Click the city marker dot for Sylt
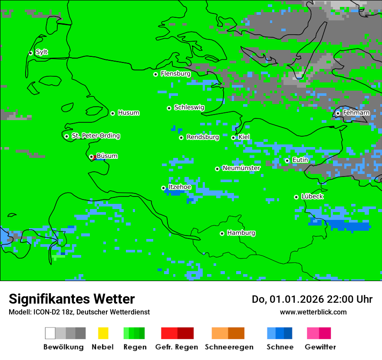30,53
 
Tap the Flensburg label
175,74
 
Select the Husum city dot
112,113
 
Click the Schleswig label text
189,107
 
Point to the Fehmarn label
356,113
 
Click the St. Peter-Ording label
95,136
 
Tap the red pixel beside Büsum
94,157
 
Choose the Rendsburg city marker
181,137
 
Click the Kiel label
244,137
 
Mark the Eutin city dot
287,160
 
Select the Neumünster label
241,168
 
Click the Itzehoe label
180,187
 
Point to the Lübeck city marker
296,197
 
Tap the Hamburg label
241,233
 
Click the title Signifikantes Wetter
72,299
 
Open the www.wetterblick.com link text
313,312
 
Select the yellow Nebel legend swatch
103,333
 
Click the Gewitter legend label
320,347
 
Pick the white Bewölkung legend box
50,333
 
